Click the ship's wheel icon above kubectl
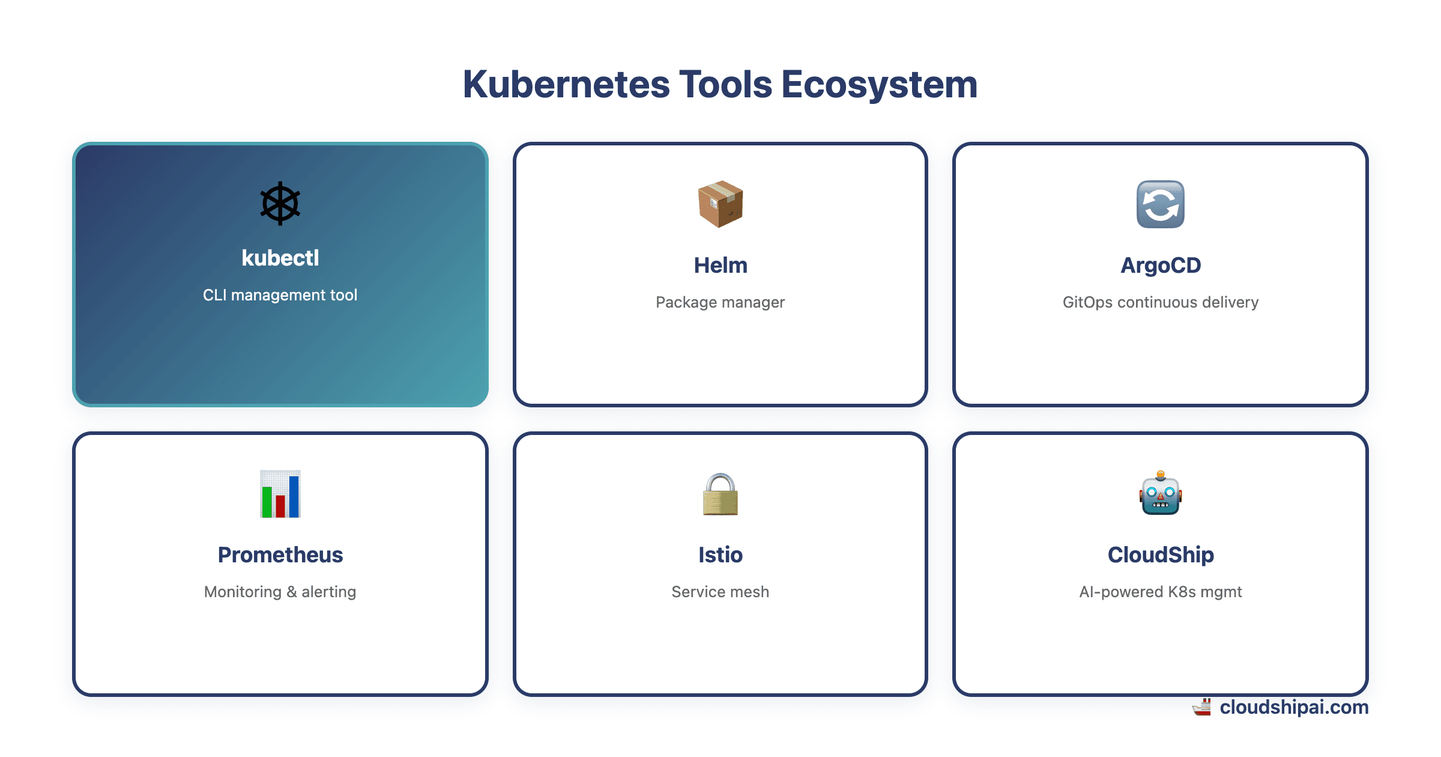280,204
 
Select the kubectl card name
280,258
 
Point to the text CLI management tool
280,295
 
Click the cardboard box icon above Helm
720,204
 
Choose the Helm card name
720,266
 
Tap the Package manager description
720,302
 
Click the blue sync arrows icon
1160,204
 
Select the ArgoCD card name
1160,266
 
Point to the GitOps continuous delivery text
1160,302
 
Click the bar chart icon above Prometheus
280,494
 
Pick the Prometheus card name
280,555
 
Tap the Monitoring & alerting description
280,592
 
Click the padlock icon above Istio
720,494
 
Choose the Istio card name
720,555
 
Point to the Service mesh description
720,592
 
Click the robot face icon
1160,493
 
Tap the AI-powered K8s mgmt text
1160,592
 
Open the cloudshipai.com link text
1293,707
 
